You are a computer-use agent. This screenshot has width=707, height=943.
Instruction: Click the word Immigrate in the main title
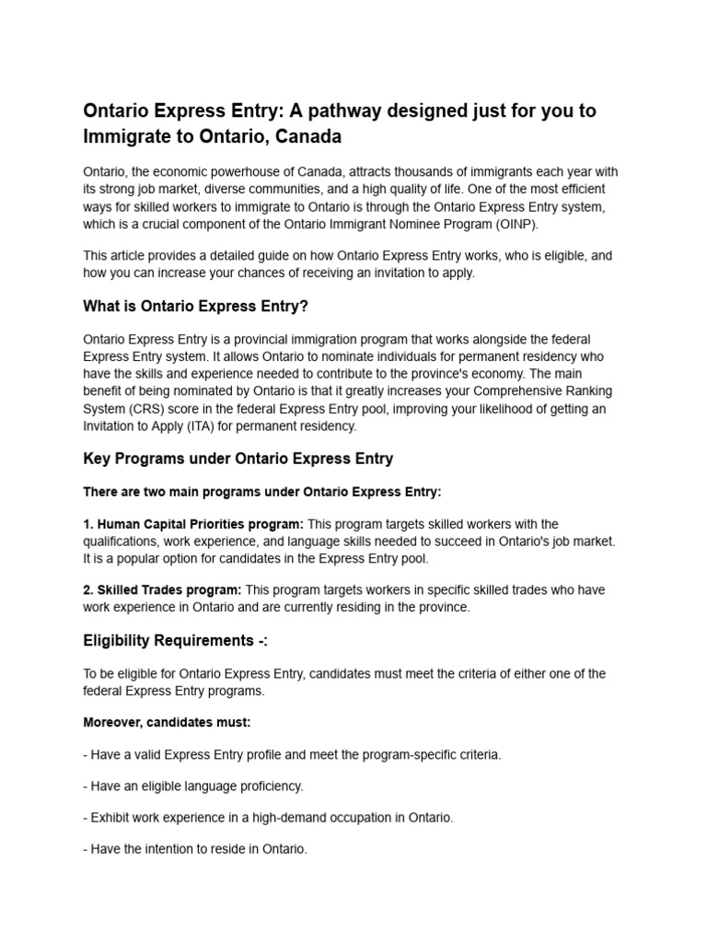click(123, 136)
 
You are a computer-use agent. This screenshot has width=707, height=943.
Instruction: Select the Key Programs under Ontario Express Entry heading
click(238, 459)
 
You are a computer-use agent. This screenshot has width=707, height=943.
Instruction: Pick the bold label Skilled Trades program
click(162, 589)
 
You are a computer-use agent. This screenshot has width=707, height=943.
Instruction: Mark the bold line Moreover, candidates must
click(166, 722)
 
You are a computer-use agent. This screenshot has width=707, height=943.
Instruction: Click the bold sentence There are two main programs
click(261, 492)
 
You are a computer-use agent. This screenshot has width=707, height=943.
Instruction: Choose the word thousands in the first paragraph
click(425, 172)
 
